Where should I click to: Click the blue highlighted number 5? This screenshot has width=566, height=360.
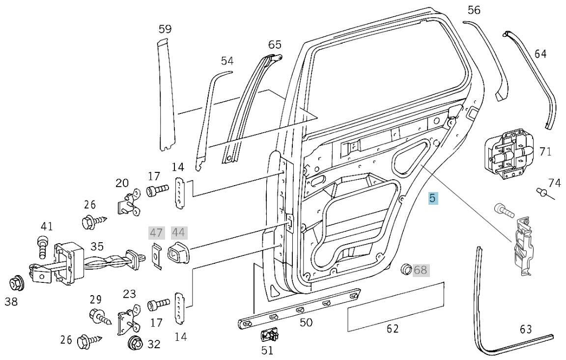point(433,198)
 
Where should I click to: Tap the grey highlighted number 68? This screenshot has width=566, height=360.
point(421,270)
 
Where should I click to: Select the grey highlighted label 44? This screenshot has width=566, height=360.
point(178,233)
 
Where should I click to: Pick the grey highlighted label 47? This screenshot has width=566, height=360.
point(156,233)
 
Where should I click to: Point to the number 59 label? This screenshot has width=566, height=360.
point(165,29)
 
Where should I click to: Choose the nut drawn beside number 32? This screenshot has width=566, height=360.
point(134,343)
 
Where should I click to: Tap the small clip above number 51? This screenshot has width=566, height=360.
point(269,335)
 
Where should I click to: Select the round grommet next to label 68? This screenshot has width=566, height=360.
point(406,269)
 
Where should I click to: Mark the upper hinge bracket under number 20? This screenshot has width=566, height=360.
point(128,203)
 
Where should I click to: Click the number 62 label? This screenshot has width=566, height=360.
point(393,329)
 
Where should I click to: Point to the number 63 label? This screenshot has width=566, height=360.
point(526,329)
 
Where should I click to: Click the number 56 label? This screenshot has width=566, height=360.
point(474,10)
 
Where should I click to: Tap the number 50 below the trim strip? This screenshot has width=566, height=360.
point(306,323)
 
